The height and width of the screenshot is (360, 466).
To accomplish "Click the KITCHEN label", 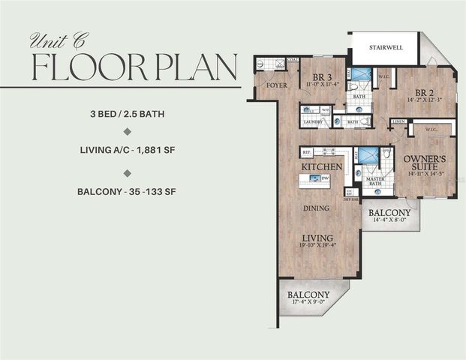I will point(322,166).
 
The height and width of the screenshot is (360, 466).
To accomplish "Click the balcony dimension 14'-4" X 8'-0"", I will point(389,220).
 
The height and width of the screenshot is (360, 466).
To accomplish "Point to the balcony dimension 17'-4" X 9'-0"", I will point(308,304).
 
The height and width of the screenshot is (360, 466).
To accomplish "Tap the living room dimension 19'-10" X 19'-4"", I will point(315,244).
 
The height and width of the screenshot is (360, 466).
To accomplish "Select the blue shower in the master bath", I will point(367,154).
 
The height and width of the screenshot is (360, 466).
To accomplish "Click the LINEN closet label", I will point(399,121).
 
